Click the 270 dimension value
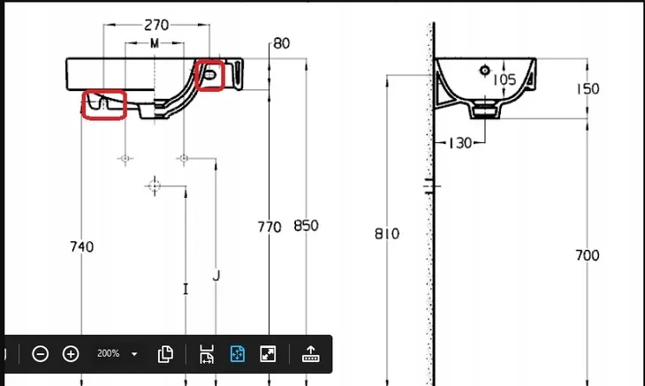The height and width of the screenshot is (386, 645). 156,26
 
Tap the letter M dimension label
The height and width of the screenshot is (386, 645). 155,43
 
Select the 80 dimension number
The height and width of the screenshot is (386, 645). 281,43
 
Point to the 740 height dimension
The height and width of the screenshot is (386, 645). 82,246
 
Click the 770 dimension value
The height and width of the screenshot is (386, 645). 269,227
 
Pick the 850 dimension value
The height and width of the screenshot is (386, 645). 306,225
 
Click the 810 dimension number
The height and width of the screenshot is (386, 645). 387,234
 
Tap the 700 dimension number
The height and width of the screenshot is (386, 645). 588,255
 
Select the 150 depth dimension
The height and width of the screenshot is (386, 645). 588,89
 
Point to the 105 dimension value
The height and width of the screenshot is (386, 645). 505,79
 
